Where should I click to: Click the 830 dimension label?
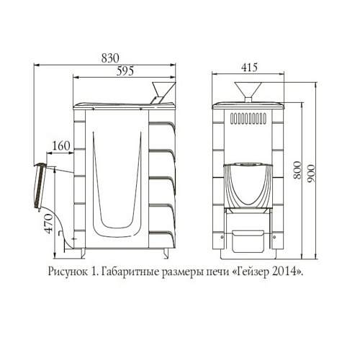tap(110, 58)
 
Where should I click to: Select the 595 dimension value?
tap(125, 71)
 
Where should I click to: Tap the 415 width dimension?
tap(249, 68)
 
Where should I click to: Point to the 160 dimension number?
tap(61, 146)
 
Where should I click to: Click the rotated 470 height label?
tap(49, 224)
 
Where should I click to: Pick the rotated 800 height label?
tap(297, 170)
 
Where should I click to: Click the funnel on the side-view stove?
tap(163, 93)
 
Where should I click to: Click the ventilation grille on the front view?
tap(248, 118)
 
